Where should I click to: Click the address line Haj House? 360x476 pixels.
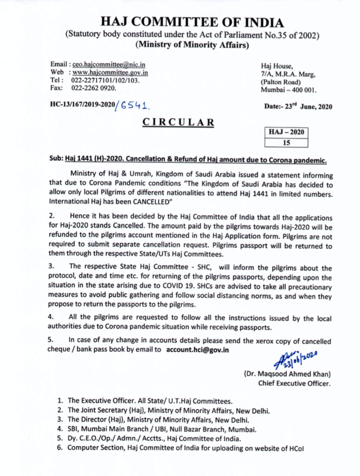pyautogui.click(x=275, y=66)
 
